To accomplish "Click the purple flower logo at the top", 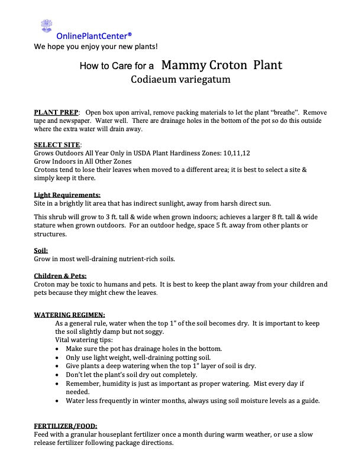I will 46,26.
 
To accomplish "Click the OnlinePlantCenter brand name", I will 90,35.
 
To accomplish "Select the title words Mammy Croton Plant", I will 221,65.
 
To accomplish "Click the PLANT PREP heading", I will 57,112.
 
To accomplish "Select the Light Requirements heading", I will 67,194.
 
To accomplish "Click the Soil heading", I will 41,251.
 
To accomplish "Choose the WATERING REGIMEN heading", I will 69,315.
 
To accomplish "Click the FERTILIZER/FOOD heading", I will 66,426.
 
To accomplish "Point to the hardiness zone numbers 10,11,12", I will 237,153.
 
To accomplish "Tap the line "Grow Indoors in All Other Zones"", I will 83,161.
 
